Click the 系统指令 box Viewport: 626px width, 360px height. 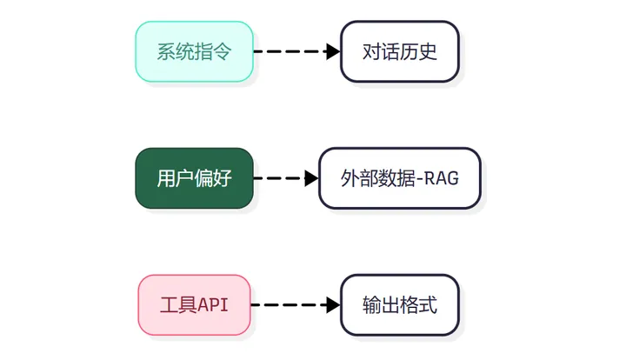[x=194, y=51]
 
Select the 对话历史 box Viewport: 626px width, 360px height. [x=399, y=51]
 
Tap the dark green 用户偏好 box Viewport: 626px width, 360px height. [x=194, y=178]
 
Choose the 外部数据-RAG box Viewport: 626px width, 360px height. [x=399, y=178]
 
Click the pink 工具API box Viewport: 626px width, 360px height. [x=194, y=305]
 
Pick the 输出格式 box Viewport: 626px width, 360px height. [x=399, y=305]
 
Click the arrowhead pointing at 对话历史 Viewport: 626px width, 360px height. [x=333, y=51]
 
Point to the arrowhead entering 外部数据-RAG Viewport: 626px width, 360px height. [x=312, y=178]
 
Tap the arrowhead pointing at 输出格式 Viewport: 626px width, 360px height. [x=333, y=305]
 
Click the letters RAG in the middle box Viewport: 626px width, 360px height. [x=443, y=179]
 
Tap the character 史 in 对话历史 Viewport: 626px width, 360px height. [x=427, y=51]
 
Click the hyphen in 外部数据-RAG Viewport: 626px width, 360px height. [x=421, y=179]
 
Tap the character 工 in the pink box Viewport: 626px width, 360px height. [x=170, y=306]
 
